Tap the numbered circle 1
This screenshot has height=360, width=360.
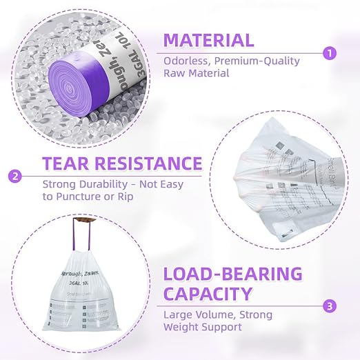(x=330, y=52)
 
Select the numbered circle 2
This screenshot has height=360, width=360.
(x=15, y=176)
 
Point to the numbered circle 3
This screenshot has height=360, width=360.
(x=330, y=306)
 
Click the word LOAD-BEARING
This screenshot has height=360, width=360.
(x=232, y=273)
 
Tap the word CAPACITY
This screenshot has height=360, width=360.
(x=208, y=294)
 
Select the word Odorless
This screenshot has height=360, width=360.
(x=186, y=61)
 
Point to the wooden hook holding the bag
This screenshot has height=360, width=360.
(x=84, y=222)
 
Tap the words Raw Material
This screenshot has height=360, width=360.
(x=197, y=73)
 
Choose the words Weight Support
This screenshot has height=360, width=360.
(x=203, y=326)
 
